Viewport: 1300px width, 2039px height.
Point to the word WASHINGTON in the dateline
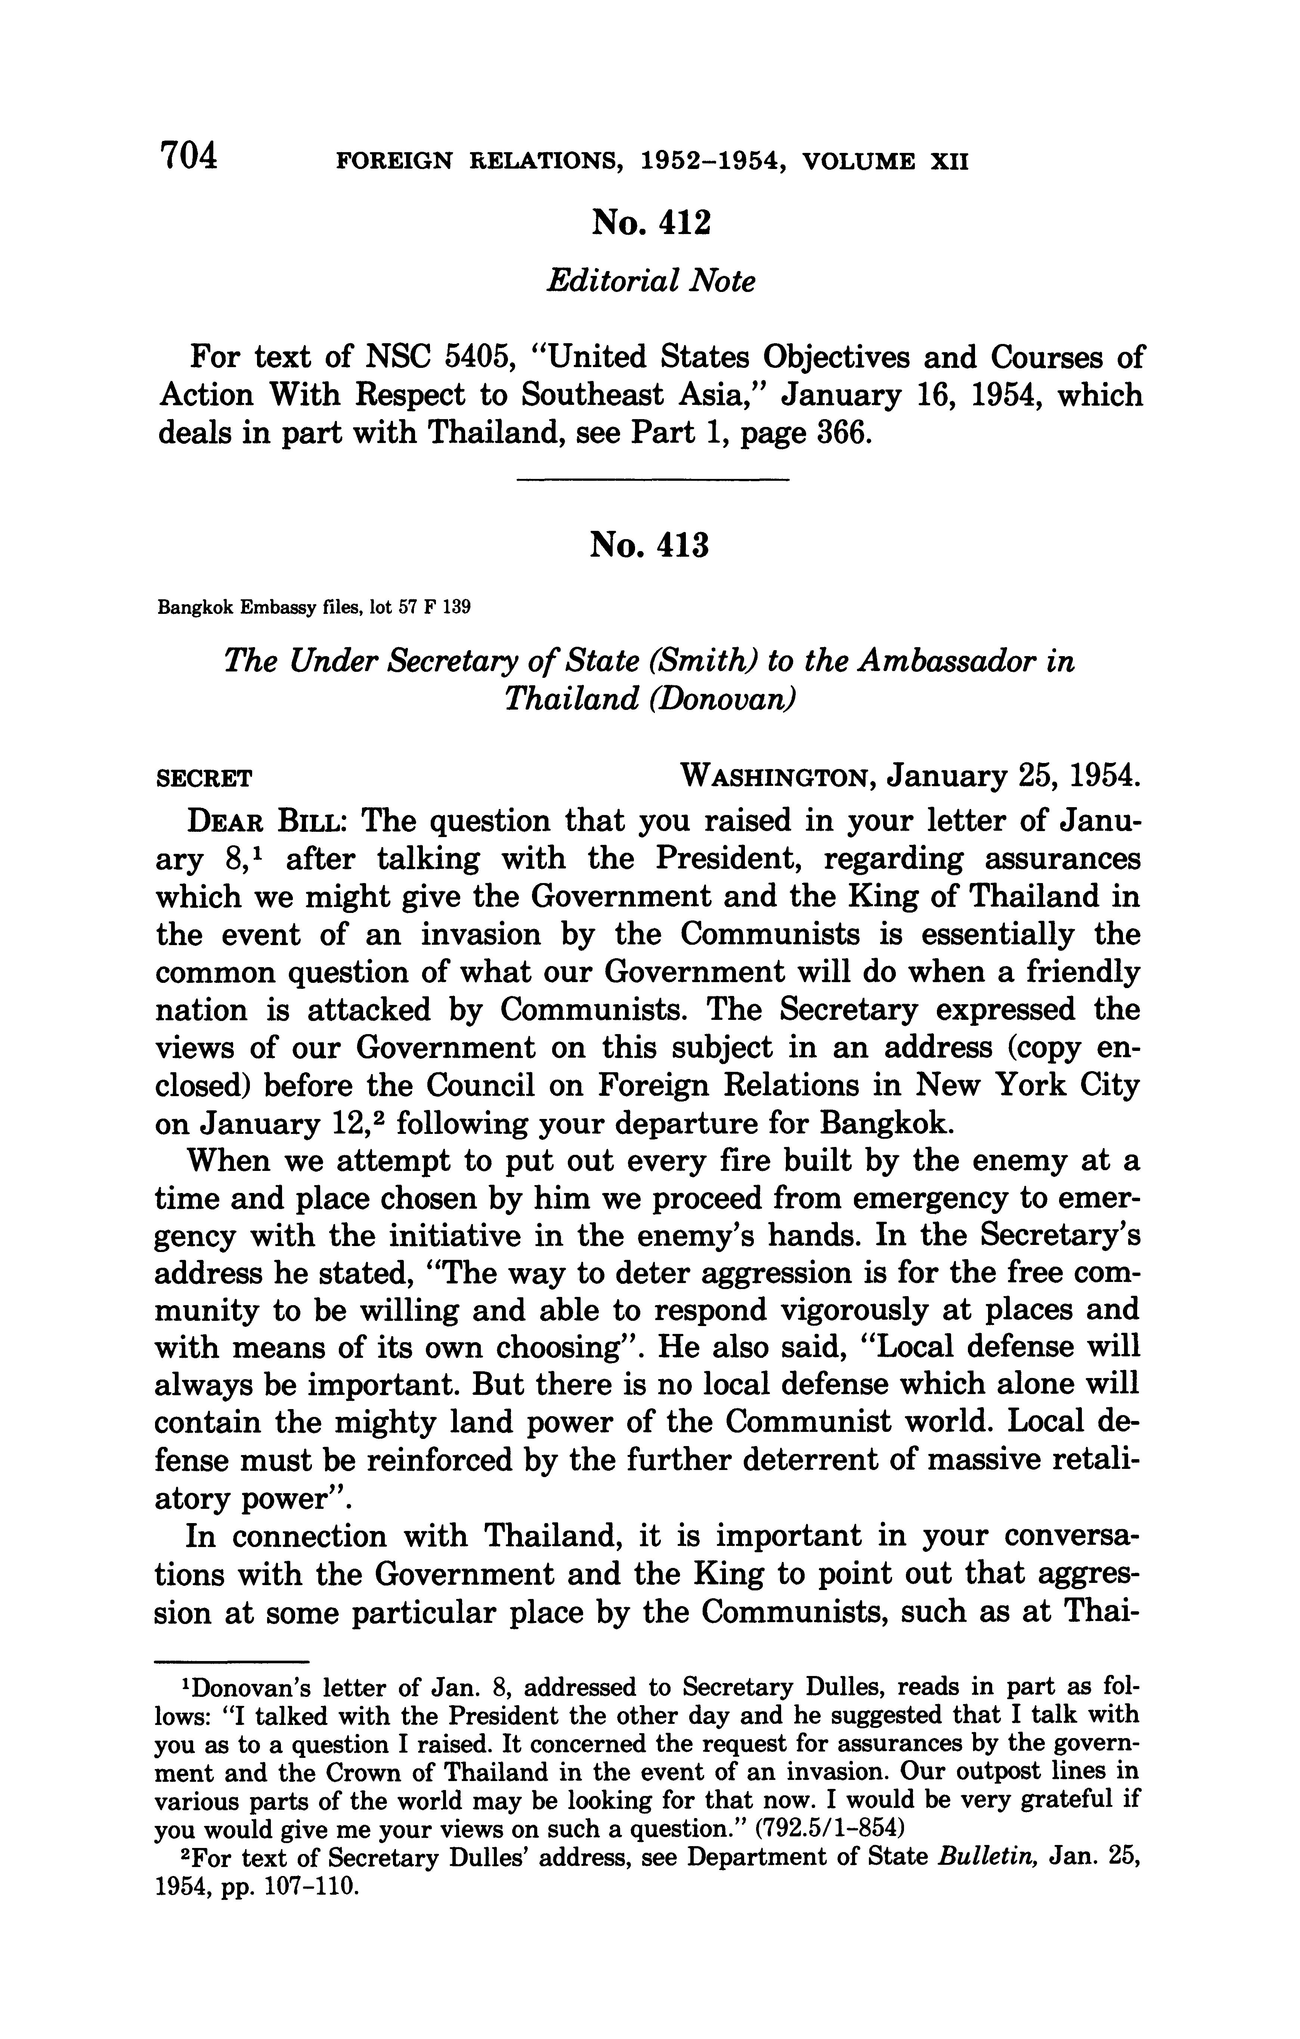coord(776,776)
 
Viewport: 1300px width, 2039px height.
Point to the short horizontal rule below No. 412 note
coord(652,481)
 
